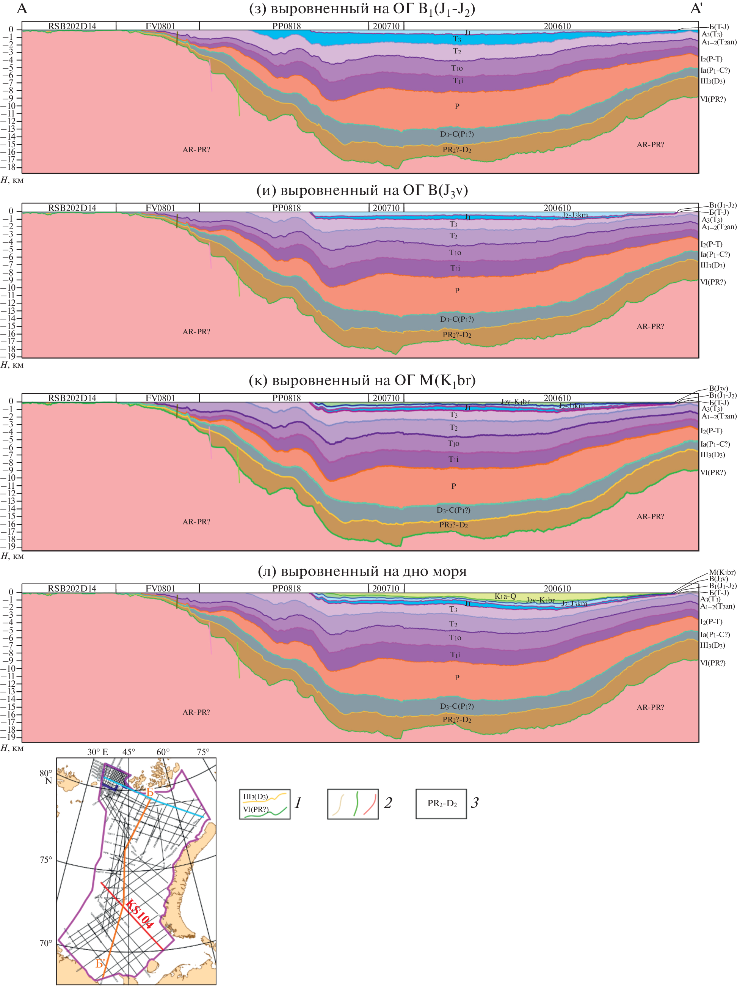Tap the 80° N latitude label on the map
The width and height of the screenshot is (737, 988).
click(x=46, y=777)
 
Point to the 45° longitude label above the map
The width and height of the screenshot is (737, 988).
click(x=129, y=752)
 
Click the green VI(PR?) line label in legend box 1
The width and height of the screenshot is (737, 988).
click(x=256, y=809)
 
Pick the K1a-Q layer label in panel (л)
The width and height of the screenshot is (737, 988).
click(x=505, y=596)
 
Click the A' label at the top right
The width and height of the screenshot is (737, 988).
click(x=696, y=9)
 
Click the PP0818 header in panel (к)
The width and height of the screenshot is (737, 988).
click(x=286, y=398)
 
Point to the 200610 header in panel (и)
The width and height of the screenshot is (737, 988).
click(x=557, y=208)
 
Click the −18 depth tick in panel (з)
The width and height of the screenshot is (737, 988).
click(x=9, y=167)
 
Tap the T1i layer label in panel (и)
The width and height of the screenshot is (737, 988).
click(x=455, y=268)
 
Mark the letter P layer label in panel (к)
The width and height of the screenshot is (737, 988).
click(x=453, y=486)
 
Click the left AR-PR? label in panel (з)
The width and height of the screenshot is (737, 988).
click(x=196, y=149)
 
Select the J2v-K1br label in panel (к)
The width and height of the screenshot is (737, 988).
click(x=515, y=402)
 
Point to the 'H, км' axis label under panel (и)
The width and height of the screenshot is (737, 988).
click(x=12, y=365)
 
